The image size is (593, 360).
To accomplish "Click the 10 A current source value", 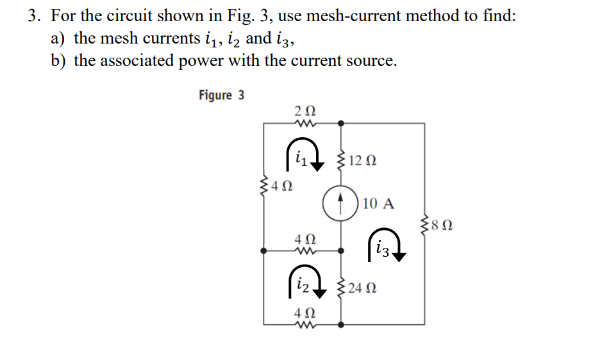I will (378, 204).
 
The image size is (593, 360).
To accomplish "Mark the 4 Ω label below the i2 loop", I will (303, 314).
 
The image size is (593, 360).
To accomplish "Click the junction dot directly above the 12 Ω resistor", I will (340, 122).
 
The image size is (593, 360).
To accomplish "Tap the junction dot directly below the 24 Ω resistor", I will (340, 325).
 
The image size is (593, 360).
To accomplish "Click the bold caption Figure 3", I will (221, 95).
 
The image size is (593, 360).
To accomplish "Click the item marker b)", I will (60, 61).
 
